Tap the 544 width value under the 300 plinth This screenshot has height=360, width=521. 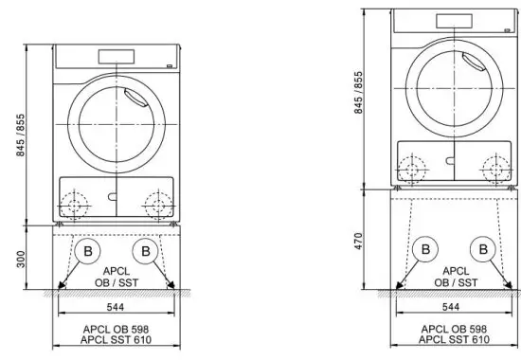(114, 308)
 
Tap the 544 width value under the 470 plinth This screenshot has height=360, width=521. (451, 308)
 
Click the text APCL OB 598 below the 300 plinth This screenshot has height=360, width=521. (115, 331)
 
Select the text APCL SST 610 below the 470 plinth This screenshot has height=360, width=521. (452, 340)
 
